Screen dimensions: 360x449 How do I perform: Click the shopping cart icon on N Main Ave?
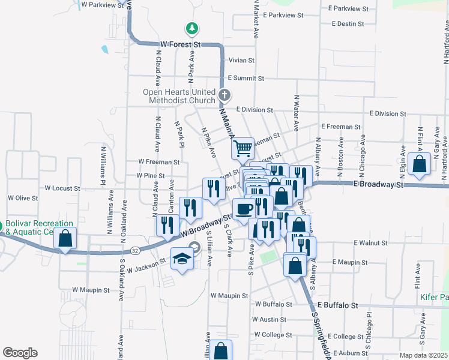[243, 148]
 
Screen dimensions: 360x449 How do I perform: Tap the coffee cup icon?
[244, 208]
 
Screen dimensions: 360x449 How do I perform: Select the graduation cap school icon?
[181, 258]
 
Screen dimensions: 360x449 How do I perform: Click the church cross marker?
[224, 95]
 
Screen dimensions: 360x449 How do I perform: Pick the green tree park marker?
[191, 28]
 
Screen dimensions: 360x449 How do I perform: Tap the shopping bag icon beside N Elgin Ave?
[420, 164]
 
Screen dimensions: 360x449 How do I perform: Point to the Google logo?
[20, 352]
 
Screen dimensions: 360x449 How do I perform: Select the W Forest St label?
[180, 44]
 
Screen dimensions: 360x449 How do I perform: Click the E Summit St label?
[246, 79]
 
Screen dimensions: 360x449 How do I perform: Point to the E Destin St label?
[347, 25]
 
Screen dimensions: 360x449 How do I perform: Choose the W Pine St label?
[150, 175]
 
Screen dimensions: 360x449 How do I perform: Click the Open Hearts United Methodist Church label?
[178, 96]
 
